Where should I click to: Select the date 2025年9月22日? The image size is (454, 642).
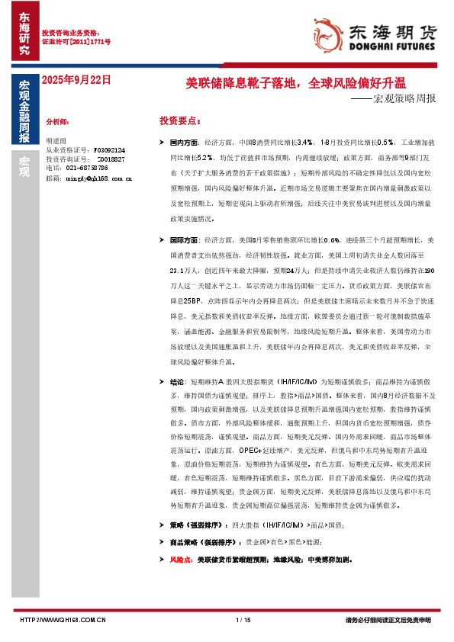pyautogui.click(x=76, y=79)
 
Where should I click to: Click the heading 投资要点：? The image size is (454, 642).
pyautogui.click(x=180, y=121)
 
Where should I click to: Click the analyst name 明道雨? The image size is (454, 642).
pyautogui.click(x=56, y=141)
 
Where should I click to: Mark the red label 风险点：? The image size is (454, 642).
pyautogui.click(x=181, y=560)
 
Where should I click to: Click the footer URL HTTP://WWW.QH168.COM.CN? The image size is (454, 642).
pyautogui.click(x=61, y=619)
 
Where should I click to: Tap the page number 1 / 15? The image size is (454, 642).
pyautogui.click(x=243, y=619)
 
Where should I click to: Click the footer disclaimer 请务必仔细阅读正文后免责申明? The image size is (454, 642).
pyautogui.click(x=388, y=619)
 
